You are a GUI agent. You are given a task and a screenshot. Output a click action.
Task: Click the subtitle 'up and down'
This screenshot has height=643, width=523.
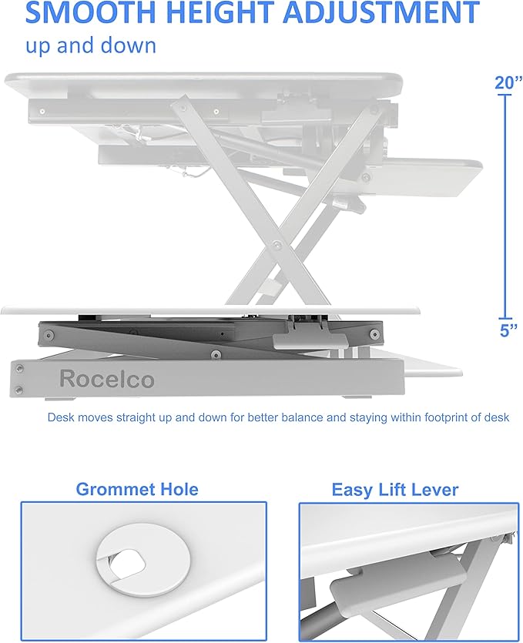(x=91, y=45)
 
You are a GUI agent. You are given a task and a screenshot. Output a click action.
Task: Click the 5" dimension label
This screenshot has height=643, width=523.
(x=507, y=330)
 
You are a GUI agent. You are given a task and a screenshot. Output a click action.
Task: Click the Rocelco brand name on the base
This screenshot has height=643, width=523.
(x=106, y=379)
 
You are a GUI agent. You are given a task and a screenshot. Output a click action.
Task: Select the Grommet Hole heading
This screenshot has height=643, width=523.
(x=136, y=489)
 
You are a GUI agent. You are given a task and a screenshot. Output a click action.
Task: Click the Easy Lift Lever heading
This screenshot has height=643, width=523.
(x=394, y=490)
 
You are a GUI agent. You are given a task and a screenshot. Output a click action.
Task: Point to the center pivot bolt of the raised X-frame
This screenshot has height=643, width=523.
(x=276, y=244)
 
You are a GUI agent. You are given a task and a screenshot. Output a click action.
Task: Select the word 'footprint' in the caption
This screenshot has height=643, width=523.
(x=440, y=418)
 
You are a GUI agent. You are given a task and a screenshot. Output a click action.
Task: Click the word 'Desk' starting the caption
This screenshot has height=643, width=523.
(x=59, y=418)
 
